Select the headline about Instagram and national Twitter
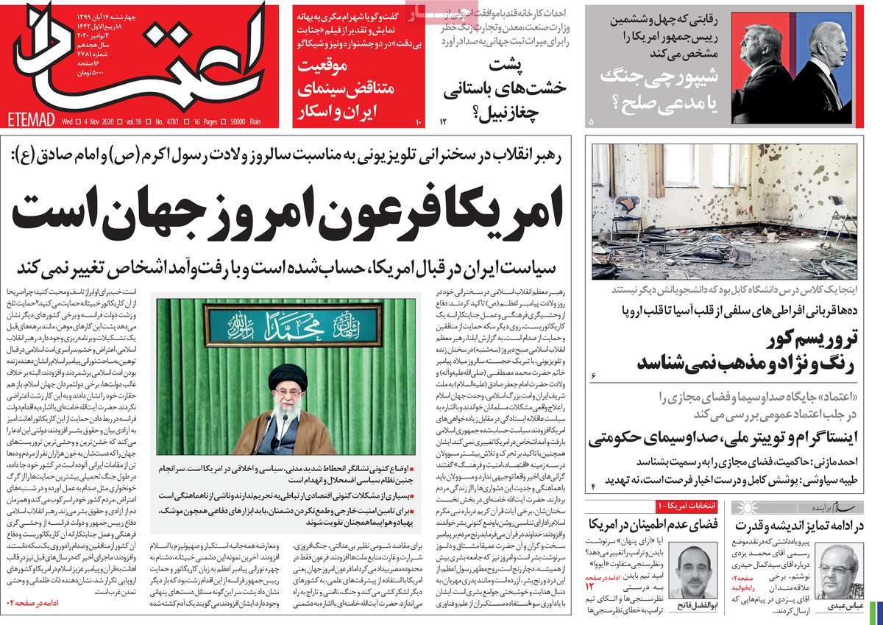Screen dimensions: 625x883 732,440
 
